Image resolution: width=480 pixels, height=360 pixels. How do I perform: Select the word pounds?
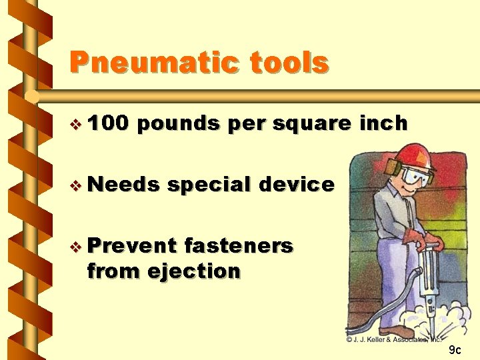point(181,124)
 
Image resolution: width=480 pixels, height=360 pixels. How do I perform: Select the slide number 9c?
point(454,349)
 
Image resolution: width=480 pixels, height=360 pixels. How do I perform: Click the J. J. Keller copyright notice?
point(394,339)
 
